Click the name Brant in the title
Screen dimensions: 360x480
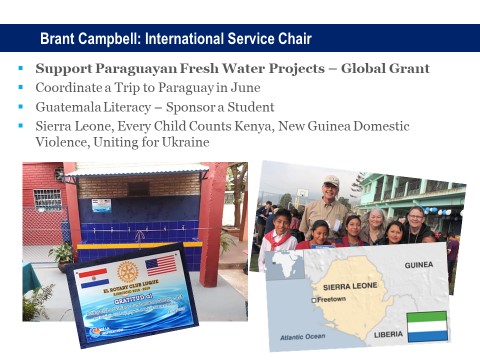click(60, 39)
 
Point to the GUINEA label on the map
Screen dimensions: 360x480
click(418, 266)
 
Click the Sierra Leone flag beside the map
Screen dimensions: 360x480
click(427, 326)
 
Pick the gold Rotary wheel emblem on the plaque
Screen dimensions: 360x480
click(125, 273)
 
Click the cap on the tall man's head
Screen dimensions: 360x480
click(331, 181)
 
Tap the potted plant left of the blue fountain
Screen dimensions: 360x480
click(62, 255)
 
